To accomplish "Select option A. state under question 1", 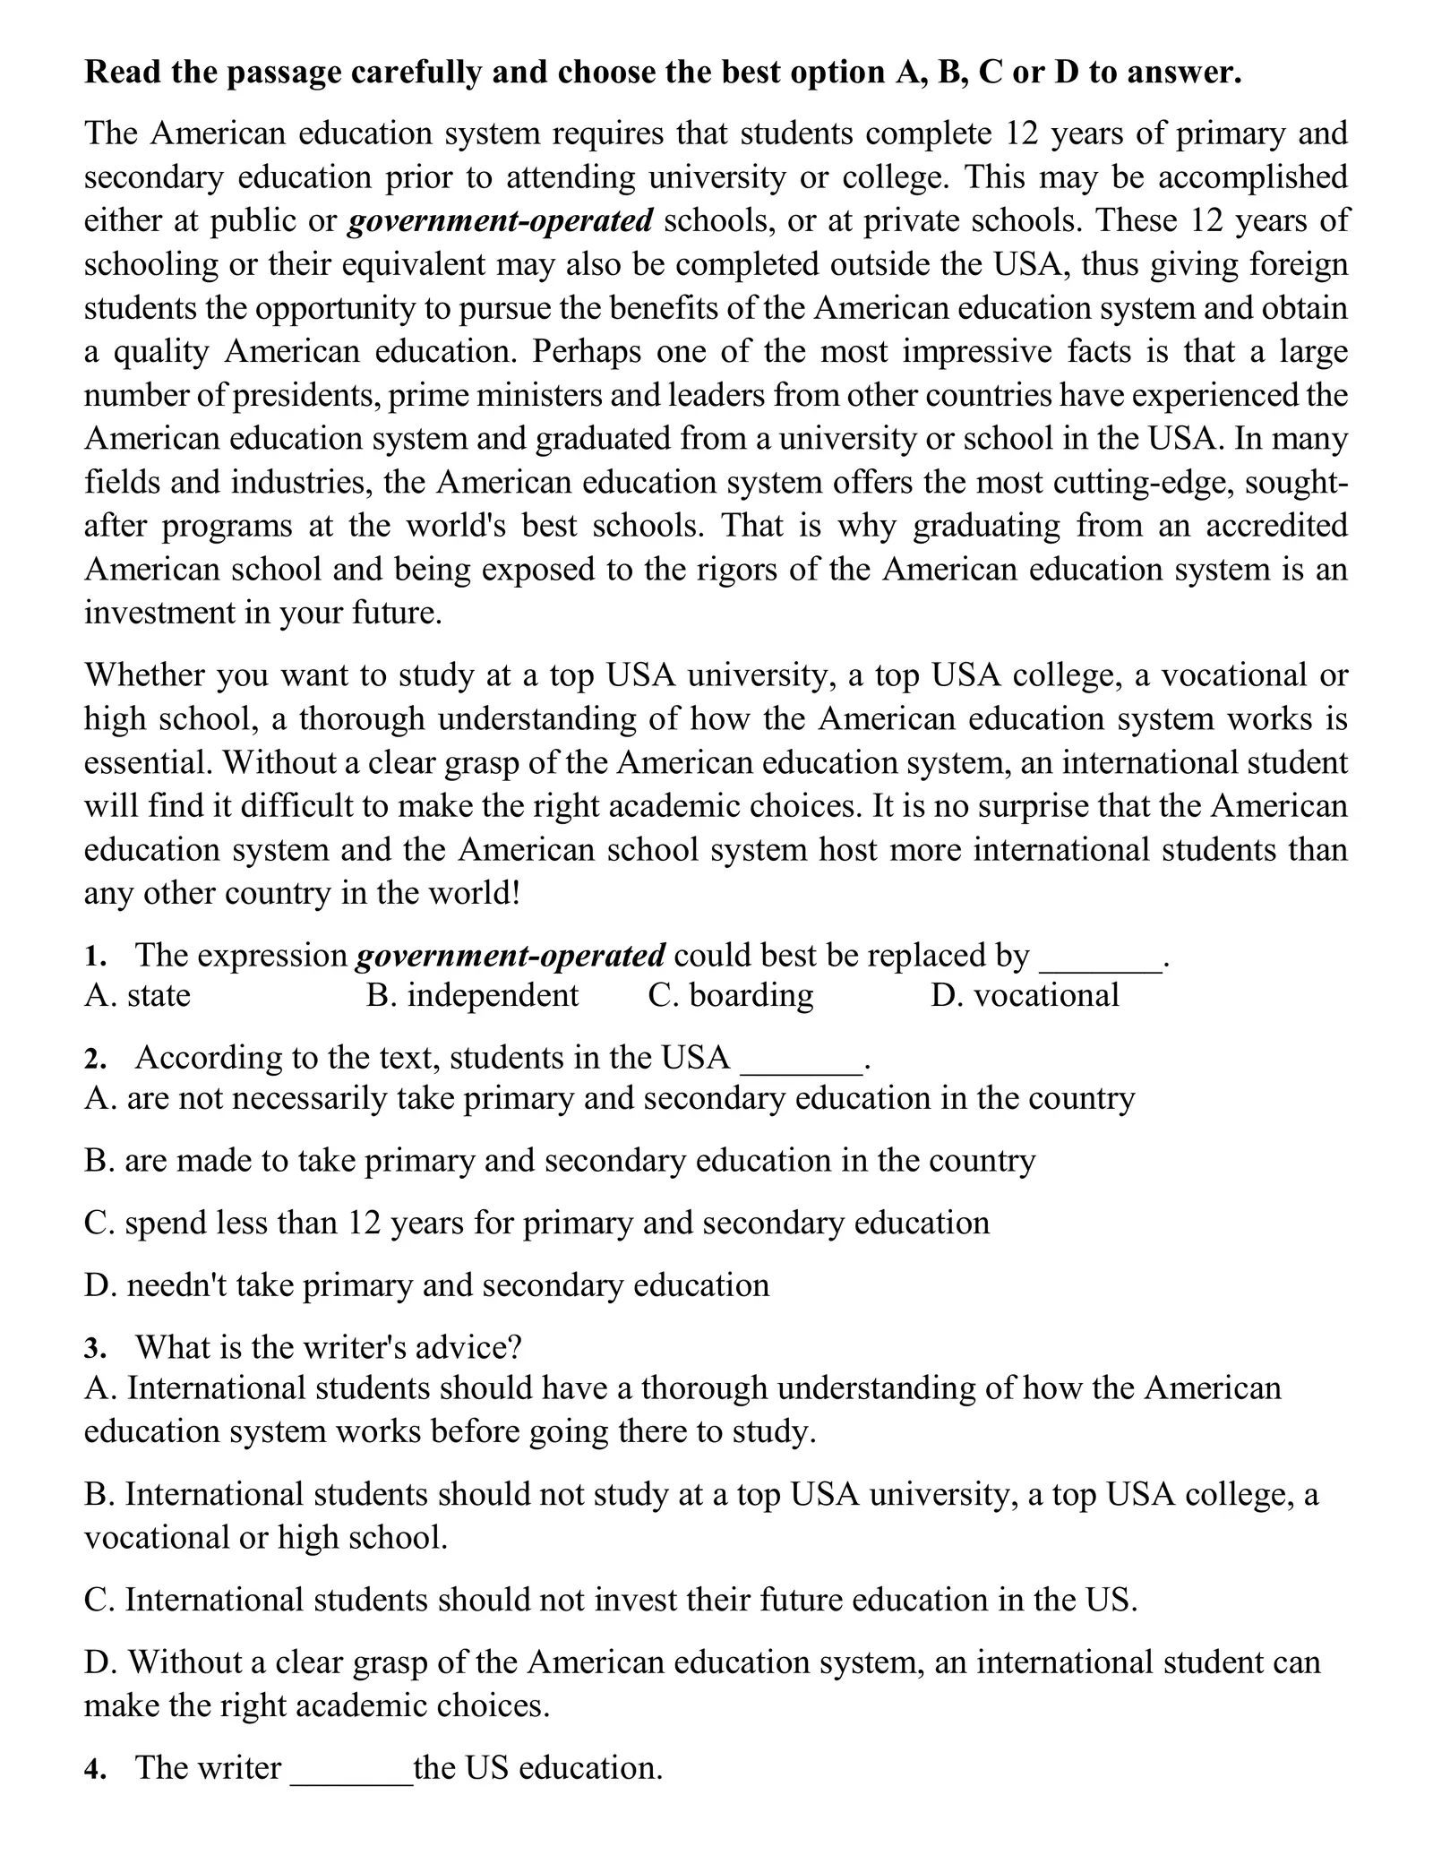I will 137,995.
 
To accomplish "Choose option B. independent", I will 472,995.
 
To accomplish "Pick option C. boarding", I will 730,995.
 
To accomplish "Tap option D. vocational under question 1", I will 1025,995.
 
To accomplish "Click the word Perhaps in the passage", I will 587,352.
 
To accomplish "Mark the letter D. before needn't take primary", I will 100,1285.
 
